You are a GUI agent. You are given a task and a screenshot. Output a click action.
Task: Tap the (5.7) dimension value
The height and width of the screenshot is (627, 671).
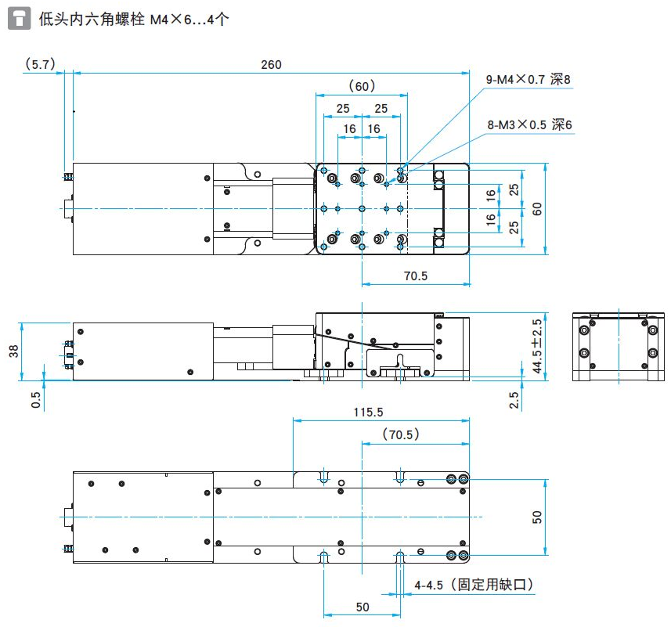click(x=39, y=65)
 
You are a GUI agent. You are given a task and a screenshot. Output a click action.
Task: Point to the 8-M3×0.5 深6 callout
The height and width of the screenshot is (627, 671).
click(x=530, y=124)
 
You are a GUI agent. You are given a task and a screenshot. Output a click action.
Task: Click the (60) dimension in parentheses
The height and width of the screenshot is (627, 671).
click(x=362, y=85)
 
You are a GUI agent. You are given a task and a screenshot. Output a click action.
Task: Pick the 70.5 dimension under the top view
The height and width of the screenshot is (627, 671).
click(x=415, y=276)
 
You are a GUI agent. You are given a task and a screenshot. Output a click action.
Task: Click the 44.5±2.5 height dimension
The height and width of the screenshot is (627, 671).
click(x=537, y=346)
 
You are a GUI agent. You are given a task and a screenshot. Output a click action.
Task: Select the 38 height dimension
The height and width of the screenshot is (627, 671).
click(x=13, y=351)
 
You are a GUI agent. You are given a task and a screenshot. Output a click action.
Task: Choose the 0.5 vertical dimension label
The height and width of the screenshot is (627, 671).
click(x=36, y=400)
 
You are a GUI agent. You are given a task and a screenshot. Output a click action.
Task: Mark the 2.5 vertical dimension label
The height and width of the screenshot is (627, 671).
click(x=514, y=400)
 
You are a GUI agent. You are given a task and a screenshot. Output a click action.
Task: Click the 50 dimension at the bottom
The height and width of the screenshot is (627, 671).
click(x=362, y=607)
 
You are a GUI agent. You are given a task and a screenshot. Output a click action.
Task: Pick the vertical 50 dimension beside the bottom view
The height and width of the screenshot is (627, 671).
click(x=537, y=517)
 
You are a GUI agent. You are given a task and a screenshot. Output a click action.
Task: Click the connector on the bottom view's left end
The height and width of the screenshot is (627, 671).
click(x=66, y=517)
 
